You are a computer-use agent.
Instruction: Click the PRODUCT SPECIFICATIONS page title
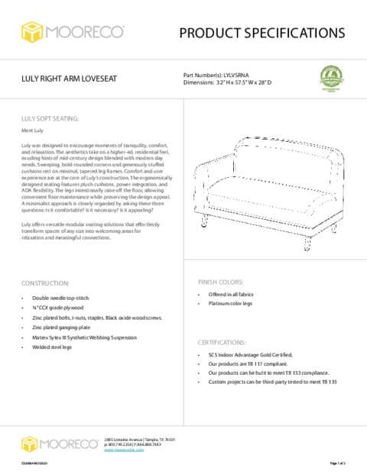262,33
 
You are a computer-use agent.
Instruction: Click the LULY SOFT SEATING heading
50,119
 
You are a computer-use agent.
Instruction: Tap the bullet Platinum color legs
232,304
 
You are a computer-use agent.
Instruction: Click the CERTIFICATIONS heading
222,342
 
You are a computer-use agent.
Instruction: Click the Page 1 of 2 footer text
337,463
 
